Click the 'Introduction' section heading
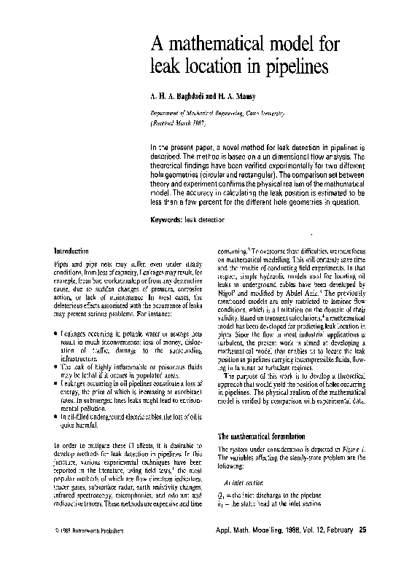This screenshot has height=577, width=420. pos(71,249)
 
